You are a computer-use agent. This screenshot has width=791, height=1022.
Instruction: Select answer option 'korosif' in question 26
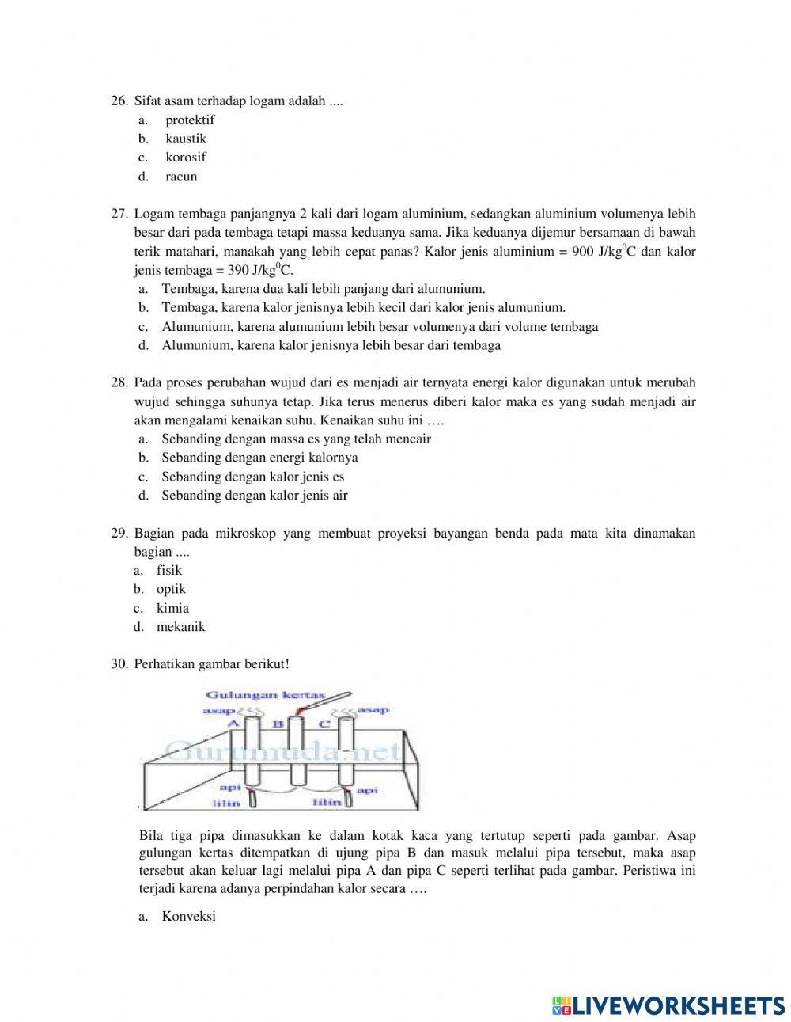point(185,157)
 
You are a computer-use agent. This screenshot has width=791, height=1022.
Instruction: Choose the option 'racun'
point(181,177)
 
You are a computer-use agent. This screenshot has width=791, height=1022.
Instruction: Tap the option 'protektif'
point(190,120)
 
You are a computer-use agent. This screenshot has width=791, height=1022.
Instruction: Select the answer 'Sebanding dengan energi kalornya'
point(259,458)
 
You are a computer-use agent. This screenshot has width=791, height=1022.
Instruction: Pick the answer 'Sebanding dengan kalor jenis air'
point(255,496)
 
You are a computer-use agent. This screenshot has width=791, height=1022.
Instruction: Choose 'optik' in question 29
point(171,589)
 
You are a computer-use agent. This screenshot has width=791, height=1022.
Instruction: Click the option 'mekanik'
point(180,627)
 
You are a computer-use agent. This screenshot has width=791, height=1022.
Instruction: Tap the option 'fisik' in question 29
point(168,570)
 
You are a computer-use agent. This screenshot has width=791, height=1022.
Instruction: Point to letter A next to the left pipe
point(233,724)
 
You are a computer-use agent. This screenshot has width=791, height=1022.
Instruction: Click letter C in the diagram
point(324,724)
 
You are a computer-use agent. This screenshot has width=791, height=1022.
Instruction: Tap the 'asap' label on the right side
point(373,710)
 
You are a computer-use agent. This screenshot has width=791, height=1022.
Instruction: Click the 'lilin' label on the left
point(226,803)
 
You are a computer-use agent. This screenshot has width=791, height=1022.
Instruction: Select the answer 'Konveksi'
point(188,916)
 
